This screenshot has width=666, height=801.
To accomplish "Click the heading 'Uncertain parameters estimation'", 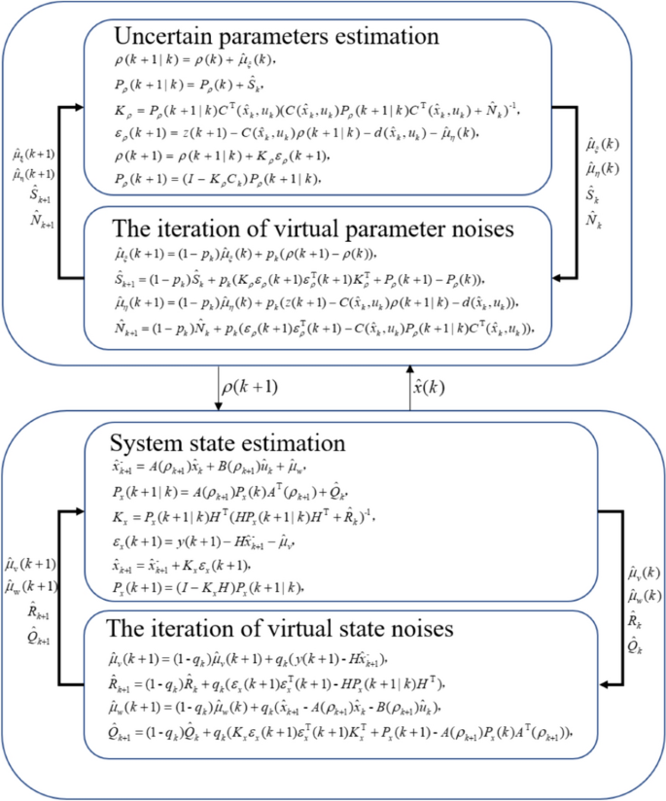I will coord(276,38).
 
